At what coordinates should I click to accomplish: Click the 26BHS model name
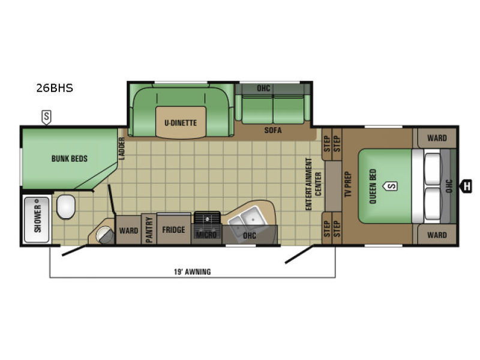(x=54, y=88)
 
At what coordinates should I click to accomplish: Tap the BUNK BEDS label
(x=70, y=159)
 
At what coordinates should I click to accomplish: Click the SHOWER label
(x=37, y=219)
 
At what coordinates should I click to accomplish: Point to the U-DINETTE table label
(x=181, y=123)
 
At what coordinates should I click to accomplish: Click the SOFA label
(x=273, y=130)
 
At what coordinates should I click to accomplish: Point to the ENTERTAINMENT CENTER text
(x=313, y=184)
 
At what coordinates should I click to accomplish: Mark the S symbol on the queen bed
(x=391, y=185)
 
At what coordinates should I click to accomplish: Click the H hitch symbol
(x=467, y=186)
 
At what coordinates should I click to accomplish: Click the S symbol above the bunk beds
(x=46, y=116)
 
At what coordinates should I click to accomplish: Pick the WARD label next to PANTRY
(x=128, y=230)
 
